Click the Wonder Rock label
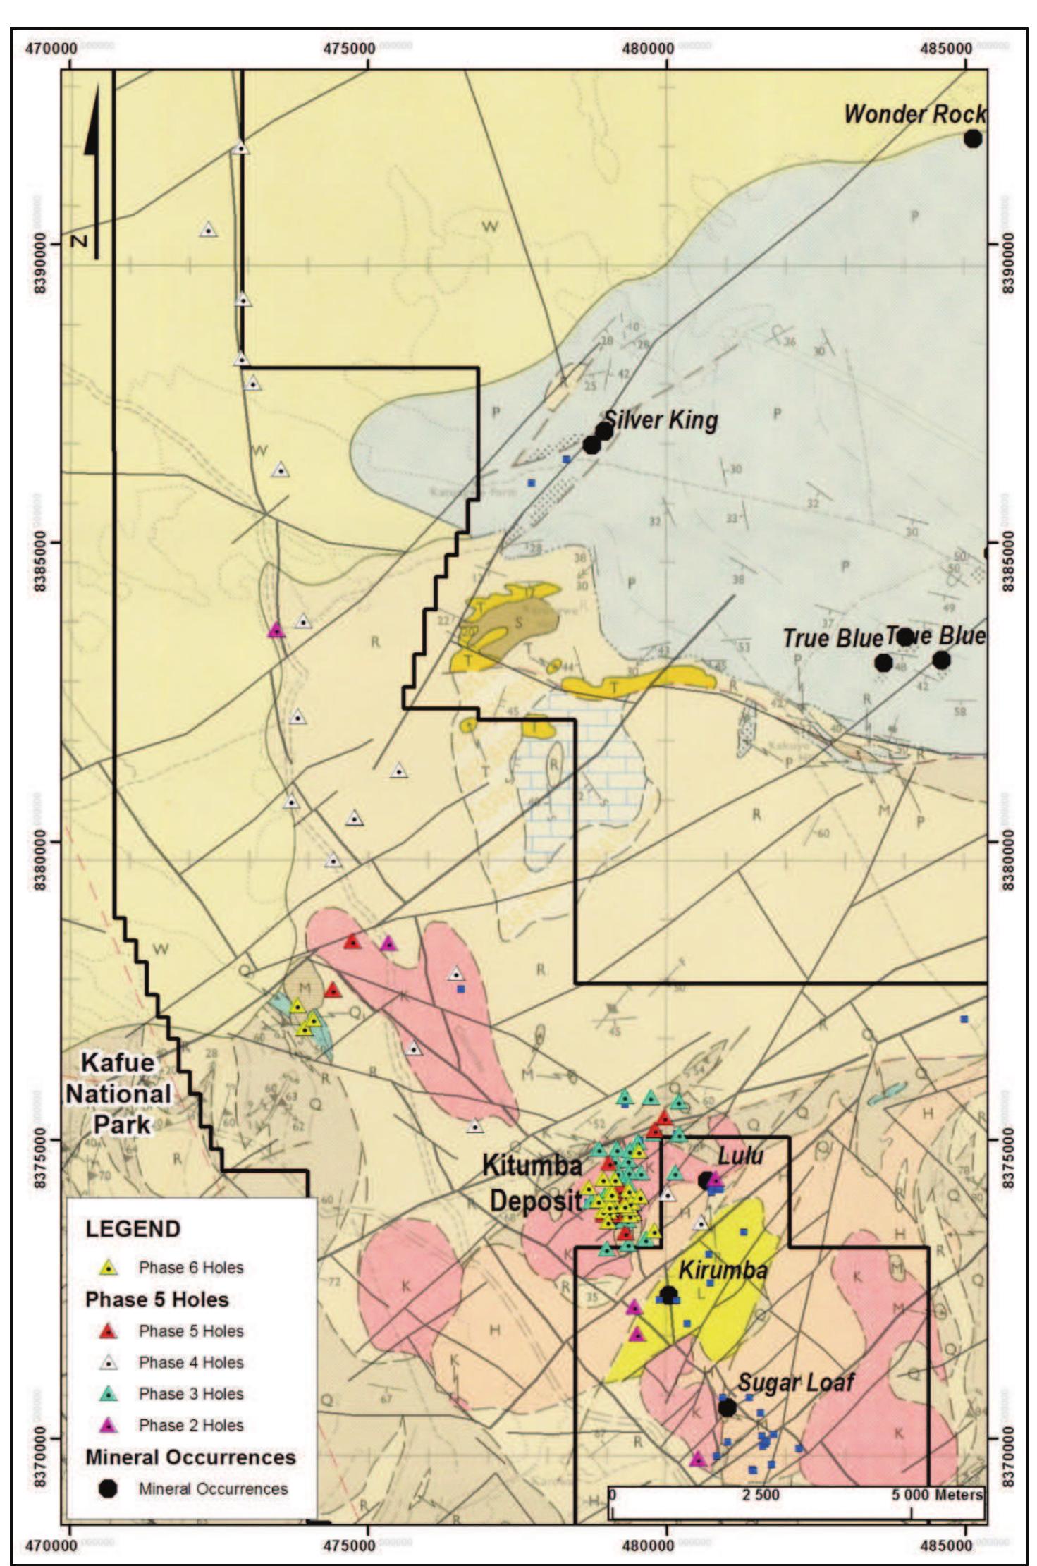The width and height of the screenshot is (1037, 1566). [914, 114]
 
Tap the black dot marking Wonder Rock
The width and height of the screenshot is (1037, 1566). [973, 139]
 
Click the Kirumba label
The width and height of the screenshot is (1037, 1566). [723, 1270]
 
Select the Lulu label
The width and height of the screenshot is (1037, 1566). [740, 1156]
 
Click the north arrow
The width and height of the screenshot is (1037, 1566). [92, 169]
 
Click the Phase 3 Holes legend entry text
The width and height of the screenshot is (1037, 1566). [191, 1394]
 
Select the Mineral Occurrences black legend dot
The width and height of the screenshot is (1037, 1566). [108, 1488]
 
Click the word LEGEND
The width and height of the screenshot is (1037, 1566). [133, 1228]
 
